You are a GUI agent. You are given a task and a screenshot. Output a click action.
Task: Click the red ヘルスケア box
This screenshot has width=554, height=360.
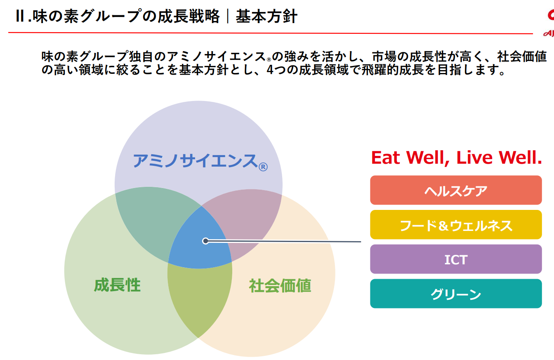[456, 190]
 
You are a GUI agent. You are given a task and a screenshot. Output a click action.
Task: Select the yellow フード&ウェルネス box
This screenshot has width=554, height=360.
[456, 225]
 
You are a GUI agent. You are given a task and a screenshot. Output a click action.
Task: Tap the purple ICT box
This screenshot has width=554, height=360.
[456, 259]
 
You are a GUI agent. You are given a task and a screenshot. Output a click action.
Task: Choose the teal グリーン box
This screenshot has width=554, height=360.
[456, 294]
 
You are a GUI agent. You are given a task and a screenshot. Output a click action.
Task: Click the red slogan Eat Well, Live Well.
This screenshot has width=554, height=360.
[456, 158]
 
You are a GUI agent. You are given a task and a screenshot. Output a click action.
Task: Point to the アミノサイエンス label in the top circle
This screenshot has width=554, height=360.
[195, 160]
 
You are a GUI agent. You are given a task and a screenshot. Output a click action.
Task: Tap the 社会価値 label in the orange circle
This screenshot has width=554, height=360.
[280, 285]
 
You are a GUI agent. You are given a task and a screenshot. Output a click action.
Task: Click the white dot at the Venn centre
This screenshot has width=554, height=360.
[205, 241]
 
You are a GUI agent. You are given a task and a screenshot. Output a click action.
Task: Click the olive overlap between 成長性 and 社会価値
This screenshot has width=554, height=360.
[200, 297]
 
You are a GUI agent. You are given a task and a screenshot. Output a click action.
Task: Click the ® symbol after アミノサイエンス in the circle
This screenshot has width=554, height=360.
[263, 167]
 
